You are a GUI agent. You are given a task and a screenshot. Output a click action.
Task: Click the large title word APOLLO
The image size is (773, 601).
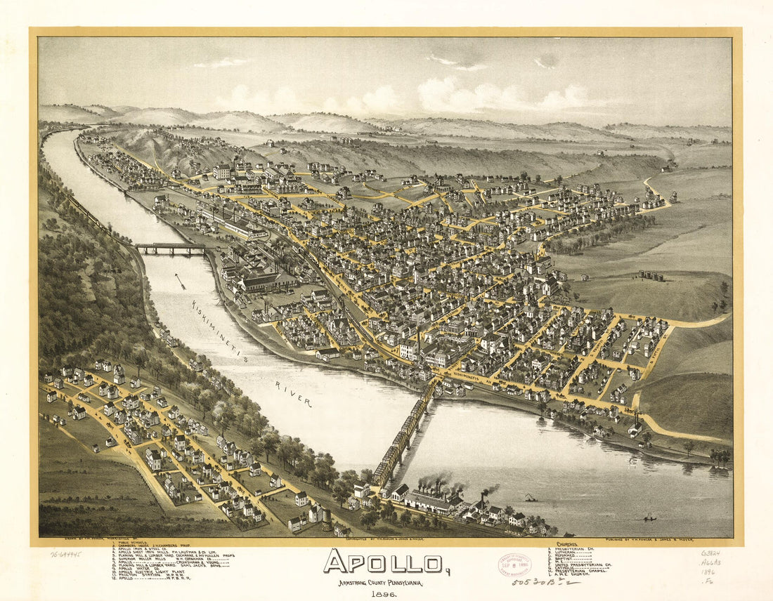tap(383, 562)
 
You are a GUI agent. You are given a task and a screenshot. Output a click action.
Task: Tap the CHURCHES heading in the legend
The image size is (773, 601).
tap(567, 543)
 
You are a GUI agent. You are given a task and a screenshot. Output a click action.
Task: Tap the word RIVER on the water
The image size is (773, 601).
tap(293, 395)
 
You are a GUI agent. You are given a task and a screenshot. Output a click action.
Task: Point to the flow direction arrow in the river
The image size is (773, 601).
tap(181, 281)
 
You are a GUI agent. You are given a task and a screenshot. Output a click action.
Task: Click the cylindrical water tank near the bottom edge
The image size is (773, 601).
tap(325, 520)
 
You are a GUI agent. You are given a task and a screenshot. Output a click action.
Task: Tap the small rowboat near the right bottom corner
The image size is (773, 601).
tap(650, 518)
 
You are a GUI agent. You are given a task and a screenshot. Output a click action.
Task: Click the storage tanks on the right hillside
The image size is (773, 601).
tap(651, 275)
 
